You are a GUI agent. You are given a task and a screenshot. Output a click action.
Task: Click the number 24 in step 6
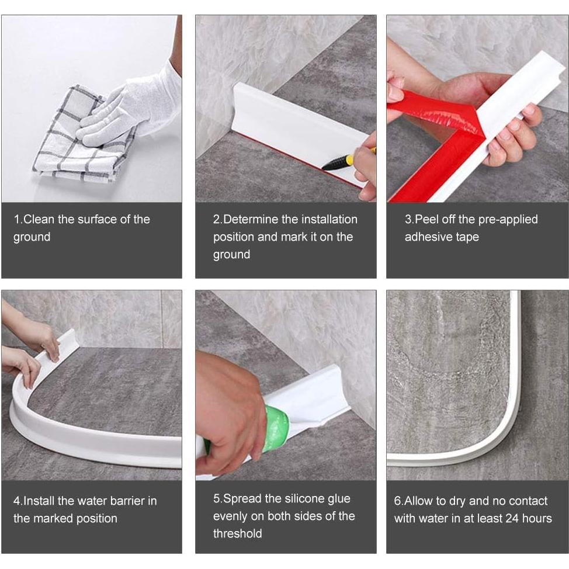click(512, 518)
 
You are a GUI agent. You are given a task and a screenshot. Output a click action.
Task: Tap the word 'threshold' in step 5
click(238, 533)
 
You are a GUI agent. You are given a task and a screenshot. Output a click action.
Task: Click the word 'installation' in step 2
click(329, 219)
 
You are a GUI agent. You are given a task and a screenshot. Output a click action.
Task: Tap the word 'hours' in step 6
click(537, 518)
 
